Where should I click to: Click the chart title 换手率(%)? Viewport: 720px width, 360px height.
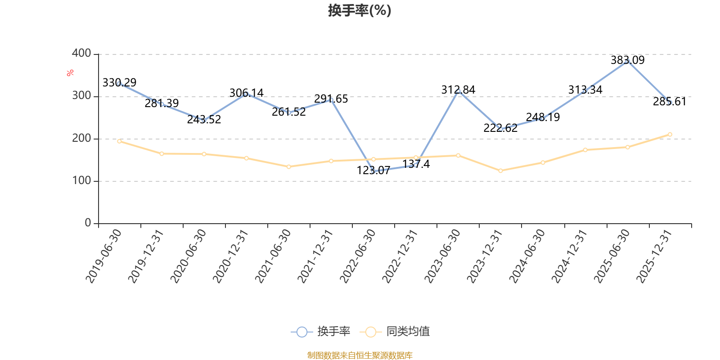(360, 11)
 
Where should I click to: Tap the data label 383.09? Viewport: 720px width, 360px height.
(627, 60)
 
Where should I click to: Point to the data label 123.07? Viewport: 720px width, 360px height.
(373, 171)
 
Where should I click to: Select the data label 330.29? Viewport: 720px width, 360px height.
(119, 83)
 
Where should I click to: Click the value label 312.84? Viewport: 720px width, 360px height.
(458, 90)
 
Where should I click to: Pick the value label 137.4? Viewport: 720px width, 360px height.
(416, 164)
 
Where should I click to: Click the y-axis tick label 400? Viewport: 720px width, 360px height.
(81, 54)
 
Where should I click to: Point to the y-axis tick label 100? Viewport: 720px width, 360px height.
(81, 180)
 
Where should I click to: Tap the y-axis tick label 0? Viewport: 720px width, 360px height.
(88, 223)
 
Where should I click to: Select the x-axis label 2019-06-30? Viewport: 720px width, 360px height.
(104, 256)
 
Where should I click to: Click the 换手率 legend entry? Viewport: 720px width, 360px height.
(320, 331)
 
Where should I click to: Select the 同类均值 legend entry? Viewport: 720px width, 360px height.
(395, 331)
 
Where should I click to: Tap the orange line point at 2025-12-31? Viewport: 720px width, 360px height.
(670, 135)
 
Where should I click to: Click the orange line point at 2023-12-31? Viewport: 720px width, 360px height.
(500, 171)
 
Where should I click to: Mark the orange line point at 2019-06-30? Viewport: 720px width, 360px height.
(119, 141)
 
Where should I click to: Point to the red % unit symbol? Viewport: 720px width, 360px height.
(70, 73)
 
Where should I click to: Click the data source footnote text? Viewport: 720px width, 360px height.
(360, 355)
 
